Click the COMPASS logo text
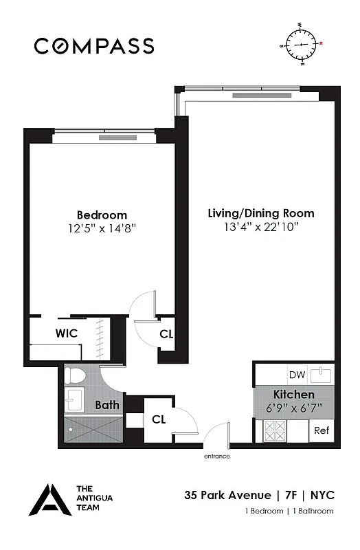coord(94,46)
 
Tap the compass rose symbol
coord(302,45)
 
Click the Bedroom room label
coord(102,215)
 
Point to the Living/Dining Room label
coord(261,213)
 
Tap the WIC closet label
coord(66,333)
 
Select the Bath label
coord(106,405)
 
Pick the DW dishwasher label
coord(296,375)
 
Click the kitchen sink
coord(321,375)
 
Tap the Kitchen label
coord(294,395)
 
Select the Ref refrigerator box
coord(321,430)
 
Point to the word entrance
coord(216,456)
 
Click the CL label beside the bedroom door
coord(166,334)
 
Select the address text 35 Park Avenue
coord(226,495)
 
